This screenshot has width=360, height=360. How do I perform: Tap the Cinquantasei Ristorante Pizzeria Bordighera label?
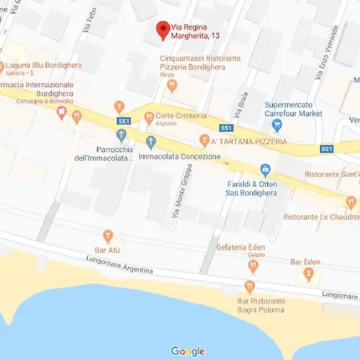click(x=201, y=63)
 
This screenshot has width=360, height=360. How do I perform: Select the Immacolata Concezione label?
click(x=180, y=156)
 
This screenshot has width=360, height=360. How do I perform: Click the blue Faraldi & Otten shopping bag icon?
click(x=266, y=170)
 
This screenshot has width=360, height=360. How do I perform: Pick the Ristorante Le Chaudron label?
click(x=319, y=217)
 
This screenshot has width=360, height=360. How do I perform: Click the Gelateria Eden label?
click(x=241, y=248)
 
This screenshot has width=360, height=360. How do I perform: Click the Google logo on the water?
click(x=188, y=351)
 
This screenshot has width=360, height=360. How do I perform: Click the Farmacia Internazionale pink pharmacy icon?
click(x=62, y=114)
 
